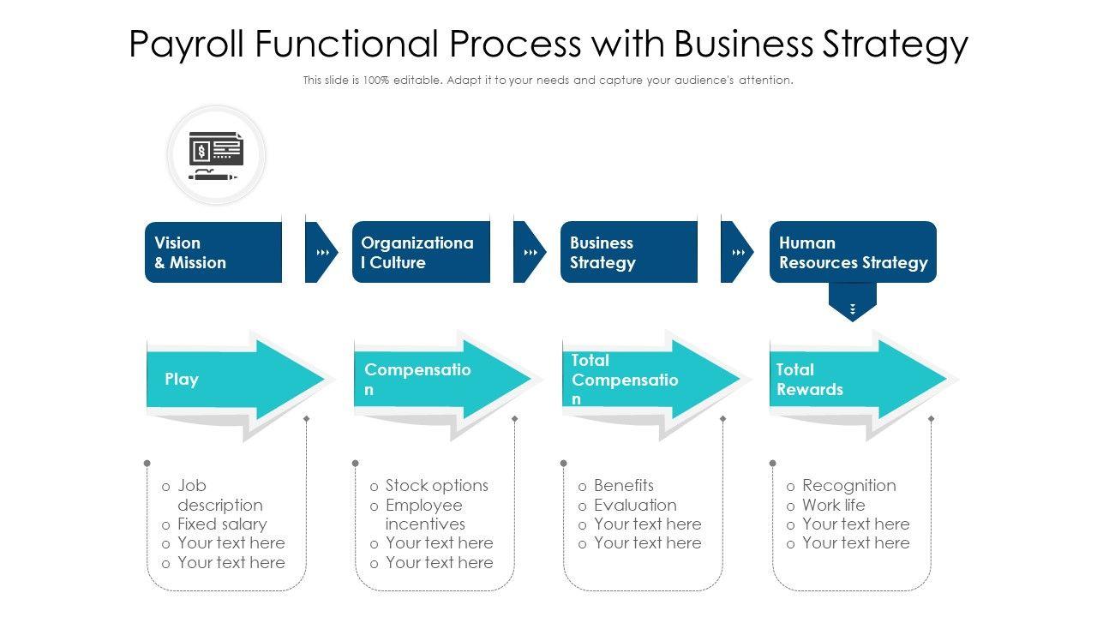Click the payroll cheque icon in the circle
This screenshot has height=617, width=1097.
(x=216, y=155)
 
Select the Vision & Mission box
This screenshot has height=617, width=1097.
(x=213, y=252)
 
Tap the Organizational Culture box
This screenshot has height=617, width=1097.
(x=421, y=252)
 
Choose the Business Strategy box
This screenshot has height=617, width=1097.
(x=628, y=252)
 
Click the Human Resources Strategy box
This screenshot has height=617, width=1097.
(x=853, y=252)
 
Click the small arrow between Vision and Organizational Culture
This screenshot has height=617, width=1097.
(x=322, y=253)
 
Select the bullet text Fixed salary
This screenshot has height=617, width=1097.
(x=221, y=524)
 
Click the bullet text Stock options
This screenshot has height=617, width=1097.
(x=436, y=485)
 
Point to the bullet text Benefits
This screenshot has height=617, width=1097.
(x=623, y=485)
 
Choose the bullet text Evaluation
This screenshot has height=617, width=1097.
(x=635, y=505)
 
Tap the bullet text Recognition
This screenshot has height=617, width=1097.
(x=848, y=485)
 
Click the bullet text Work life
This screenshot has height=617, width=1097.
(x=833, y=505)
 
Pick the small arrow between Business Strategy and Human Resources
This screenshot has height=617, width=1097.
(x=738, y=253)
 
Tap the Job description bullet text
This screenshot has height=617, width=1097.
(x=219, y=495)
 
